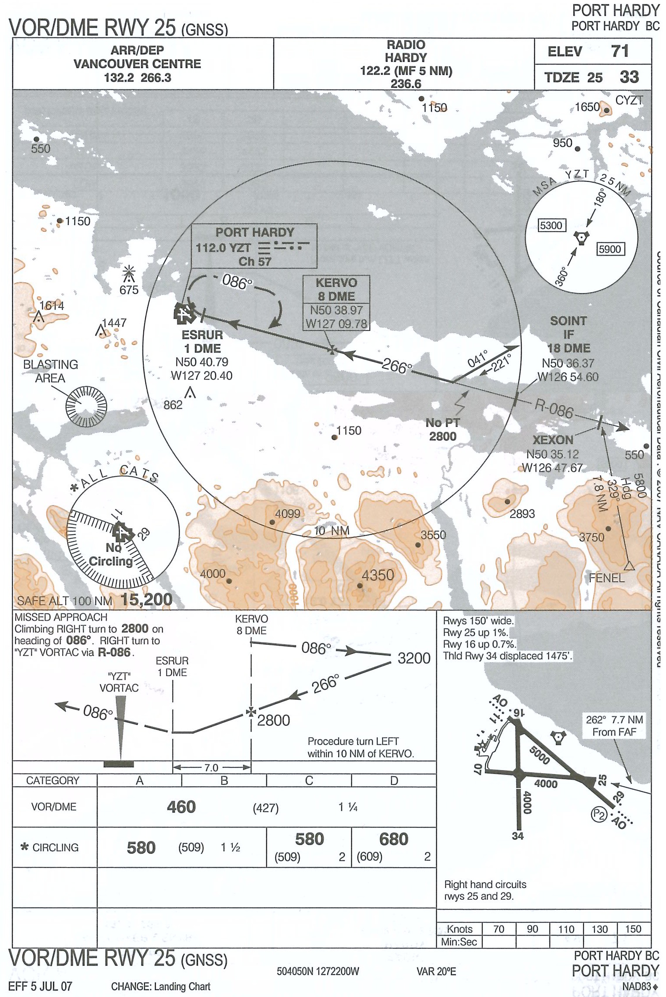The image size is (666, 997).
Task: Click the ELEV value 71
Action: (620, 51)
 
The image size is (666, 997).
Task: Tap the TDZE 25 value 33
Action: (629, 77)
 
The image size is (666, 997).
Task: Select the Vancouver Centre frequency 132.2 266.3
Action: (137, 78)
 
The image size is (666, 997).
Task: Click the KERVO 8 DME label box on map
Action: (336, 289)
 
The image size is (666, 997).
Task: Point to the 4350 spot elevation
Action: (377, 575)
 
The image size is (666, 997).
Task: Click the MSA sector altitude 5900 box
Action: (610, 249)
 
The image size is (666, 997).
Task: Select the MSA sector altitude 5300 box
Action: (551, 225)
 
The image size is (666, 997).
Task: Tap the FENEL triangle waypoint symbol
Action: (629, 566)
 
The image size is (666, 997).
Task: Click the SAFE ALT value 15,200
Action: (146, 600)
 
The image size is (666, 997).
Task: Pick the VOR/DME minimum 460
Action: (181, 807)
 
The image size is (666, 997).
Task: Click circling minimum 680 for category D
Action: (394, 839)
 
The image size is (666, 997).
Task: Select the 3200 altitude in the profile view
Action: (414, 658)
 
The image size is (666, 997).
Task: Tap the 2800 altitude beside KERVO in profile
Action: (273, 720)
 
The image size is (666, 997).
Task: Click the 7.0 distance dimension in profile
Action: (211, 768)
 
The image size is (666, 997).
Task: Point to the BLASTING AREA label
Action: (51, 371)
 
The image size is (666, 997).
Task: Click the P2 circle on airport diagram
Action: (599, 814)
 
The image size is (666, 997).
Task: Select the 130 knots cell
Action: (599, 929)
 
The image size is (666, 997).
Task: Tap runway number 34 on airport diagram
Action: (517, 836)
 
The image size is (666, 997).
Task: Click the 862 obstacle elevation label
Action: (173, 405)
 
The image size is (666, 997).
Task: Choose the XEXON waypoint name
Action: (553, 440)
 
